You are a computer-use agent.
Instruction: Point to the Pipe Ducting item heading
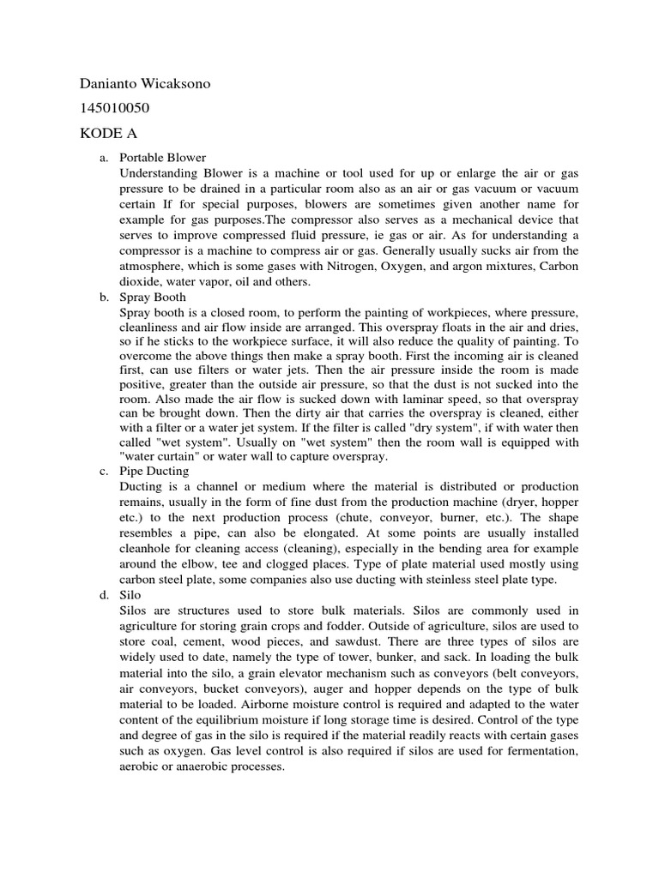pyautogui.click(x=154, y=471)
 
